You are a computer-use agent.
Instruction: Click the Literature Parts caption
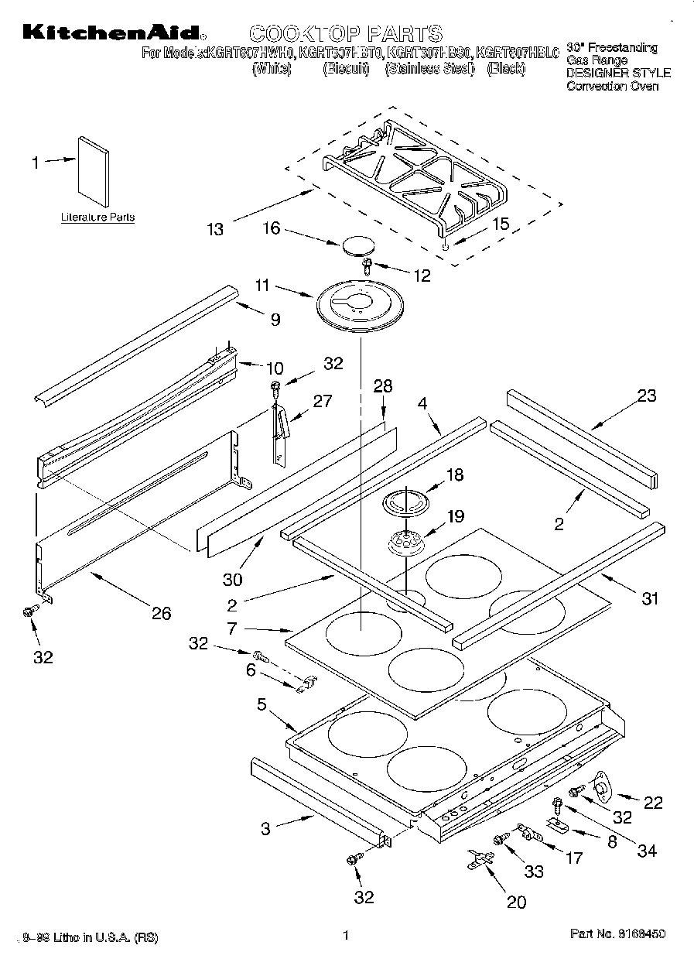pos(97,217)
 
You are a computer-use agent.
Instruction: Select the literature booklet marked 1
pos(92,172)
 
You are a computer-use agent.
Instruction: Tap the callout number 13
pos(215,229)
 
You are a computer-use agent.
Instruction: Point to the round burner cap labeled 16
pos(355,245)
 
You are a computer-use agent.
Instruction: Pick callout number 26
pos(161,614)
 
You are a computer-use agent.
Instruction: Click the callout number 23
pos(647,396)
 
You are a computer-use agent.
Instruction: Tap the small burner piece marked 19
pos(406,542)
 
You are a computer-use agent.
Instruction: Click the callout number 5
pos(262,704)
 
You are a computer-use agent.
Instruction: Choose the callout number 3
pos(265,829)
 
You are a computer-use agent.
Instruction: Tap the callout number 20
pos(515,902)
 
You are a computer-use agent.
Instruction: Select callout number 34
pos(647,851)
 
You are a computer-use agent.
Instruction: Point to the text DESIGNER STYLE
pos(618,73)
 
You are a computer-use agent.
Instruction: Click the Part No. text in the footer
pos(617,935)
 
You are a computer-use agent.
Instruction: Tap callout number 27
pos(323,402)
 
